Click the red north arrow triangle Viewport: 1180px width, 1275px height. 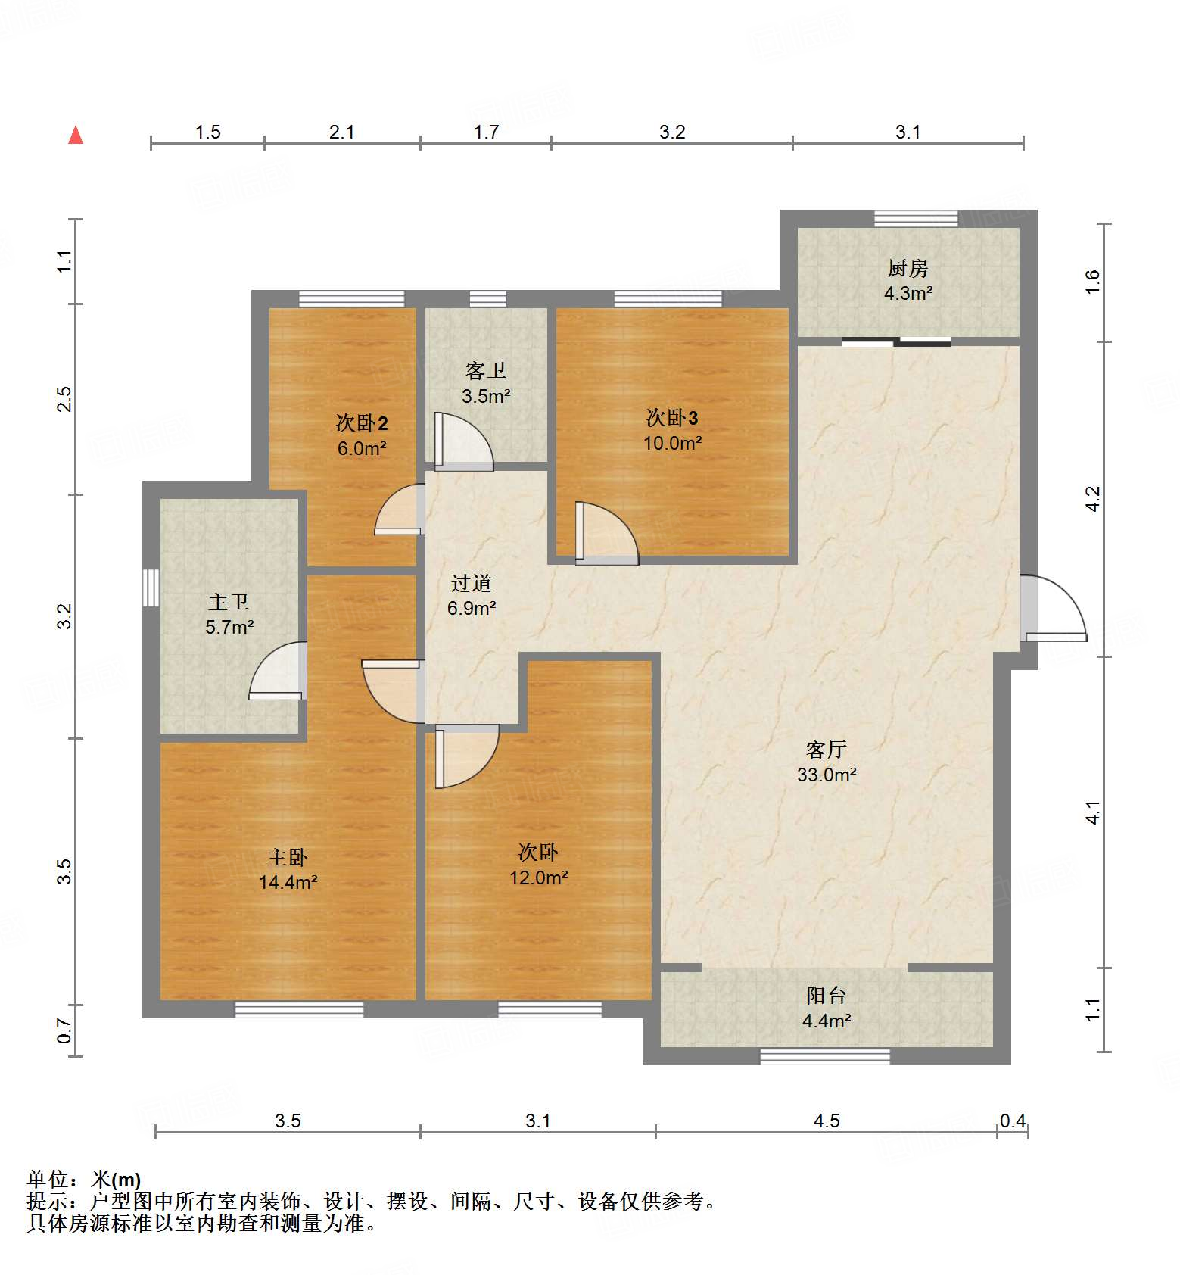click(76, 136)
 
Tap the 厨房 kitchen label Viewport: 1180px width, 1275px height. click(908, 268)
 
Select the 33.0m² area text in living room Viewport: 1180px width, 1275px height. click(826, 775)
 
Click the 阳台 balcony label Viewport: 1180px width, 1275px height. click(826, 995)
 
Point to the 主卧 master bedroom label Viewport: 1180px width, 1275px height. click(287, 857)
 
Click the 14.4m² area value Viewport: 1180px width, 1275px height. click(288, 882)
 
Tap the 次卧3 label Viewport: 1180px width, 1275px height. click(671, 417)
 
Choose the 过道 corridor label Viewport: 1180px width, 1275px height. click(471, 583)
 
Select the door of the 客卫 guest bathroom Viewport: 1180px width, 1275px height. click(463, 441)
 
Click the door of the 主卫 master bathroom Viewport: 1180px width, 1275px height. click(279, 671)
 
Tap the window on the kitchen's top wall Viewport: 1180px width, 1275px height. click(915, 219)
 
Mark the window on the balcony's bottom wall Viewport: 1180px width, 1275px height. click(824, 1056)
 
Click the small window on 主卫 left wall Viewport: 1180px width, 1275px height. click(151, 588)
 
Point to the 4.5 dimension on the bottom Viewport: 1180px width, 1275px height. click(826, 1121)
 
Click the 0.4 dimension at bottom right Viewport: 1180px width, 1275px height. click(1013, 1121)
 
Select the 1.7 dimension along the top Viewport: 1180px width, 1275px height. click(486, 132)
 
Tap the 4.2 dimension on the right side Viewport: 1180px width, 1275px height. click(1092, 498)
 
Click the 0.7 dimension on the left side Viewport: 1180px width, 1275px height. click(65, 1030)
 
